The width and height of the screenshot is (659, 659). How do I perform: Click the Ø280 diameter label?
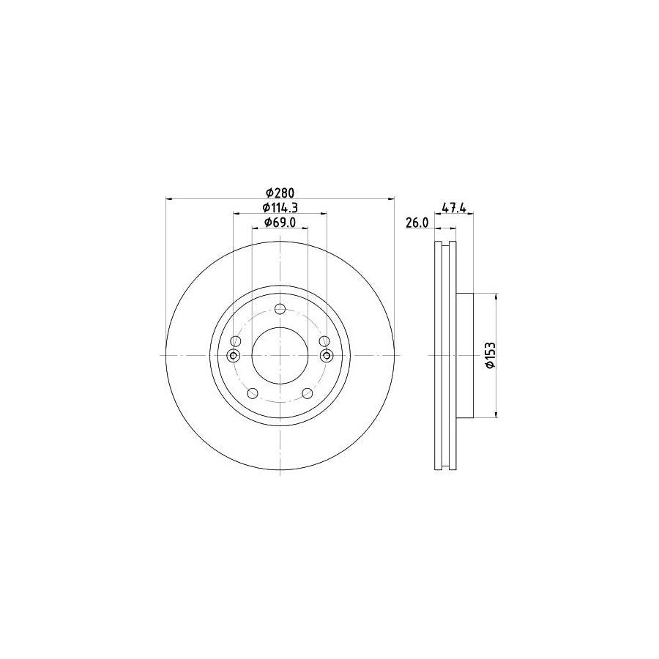click(279, 193)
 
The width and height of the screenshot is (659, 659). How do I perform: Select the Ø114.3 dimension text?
click(280, 208)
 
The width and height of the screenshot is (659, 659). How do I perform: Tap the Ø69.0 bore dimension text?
click(279, 223)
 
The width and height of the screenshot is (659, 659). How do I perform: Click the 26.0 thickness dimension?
click(417, 223)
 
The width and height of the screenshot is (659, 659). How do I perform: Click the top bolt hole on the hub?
click(280, 308)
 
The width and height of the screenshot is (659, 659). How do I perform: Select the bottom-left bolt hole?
click(252, 393)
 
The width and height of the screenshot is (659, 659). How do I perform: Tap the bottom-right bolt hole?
click(308, 393)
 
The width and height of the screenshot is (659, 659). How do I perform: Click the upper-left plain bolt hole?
click(235, 341)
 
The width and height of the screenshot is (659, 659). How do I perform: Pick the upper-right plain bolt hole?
click(324, 341)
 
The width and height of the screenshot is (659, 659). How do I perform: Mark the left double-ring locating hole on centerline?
click(234, 356)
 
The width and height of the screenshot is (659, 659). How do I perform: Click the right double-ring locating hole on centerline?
click(327, 356)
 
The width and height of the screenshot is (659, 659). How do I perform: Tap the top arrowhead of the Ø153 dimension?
click(497, 297)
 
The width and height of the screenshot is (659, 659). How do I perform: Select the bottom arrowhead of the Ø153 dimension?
click(497, 415)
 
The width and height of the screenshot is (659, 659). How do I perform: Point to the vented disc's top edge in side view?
click(446, 242)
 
